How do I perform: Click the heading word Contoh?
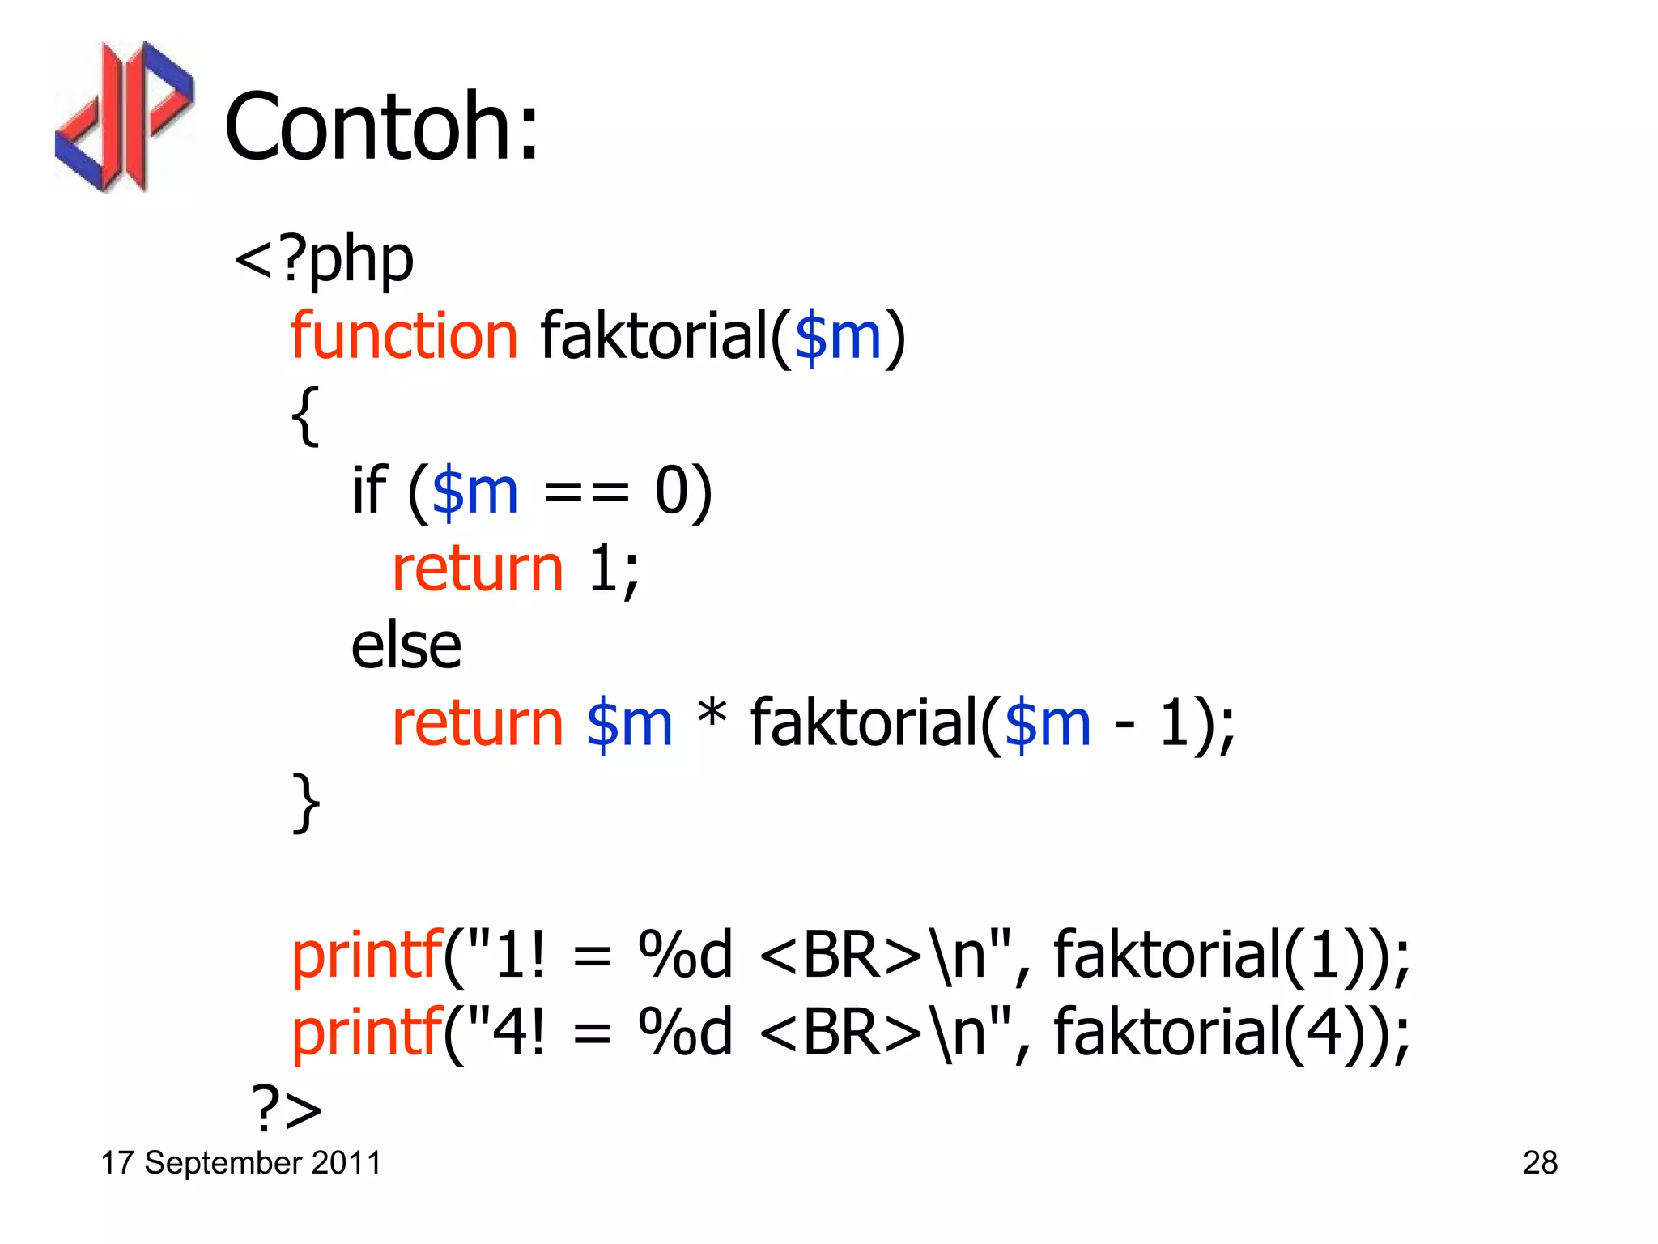[381, 126]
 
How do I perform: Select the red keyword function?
[404, 335]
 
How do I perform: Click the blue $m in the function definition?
[837, 337]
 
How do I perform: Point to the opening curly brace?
[305, 415]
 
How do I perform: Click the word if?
[369, 490]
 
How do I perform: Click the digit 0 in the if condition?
[671, 491]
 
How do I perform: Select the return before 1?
[477, 569]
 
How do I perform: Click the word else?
[406, 646]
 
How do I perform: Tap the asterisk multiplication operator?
[712, 716]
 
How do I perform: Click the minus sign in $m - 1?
[1124, 723]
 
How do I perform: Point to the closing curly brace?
[305, 802]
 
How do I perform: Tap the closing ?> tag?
[287, 1108]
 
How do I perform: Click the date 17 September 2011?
[240, 1163]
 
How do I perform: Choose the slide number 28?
[1540, 1163]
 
